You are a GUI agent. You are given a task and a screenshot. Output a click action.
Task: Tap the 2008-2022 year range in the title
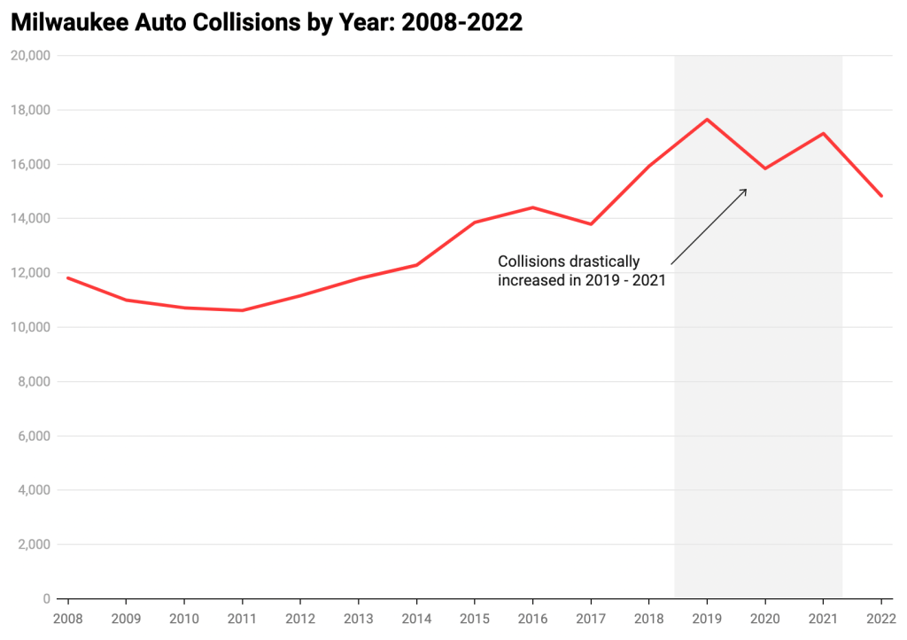(x=461, y=23)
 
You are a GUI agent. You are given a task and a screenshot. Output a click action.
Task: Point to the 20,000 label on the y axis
(x=31, y=56)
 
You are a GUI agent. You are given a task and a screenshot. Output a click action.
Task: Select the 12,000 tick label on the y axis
(x=31, y=273)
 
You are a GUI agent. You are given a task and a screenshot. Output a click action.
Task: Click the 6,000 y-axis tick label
(x=34, y=436)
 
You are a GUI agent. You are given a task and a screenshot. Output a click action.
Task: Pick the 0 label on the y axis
(x=47, y=599)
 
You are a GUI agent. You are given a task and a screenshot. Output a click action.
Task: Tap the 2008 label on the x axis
(x=67, y=618)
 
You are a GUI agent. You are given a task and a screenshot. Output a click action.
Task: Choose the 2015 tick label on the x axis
(x=474, y=618)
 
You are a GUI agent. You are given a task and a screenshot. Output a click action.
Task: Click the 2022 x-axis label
(x=880, y=618)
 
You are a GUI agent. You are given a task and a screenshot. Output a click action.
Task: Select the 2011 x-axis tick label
(x=242, y=618)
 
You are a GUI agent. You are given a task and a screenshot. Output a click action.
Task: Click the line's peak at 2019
(x=707, y=120)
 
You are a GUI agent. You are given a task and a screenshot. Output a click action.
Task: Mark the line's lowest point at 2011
(x=242, y=310)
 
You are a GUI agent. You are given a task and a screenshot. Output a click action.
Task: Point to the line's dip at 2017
(x=591, y=224)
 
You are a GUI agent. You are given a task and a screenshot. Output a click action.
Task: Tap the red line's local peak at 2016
(x=532, y=207)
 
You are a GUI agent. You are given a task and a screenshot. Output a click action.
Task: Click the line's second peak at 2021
(x=823, y=134)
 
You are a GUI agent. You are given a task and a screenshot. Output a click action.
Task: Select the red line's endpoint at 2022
(x=881, y=196)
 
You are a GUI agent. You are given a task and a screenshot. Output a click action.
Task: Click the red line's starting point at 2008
(x=67, y=278)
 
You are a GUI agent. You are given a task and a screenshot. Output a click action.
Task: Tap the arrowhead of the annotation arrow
(x=745, y=190)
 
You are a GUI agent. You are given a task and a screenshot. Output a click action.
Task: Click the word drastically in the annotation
(x=606, y=261)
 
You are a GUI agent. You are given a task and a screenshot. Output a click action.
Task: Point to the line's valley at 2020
(x=765, y=168)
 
